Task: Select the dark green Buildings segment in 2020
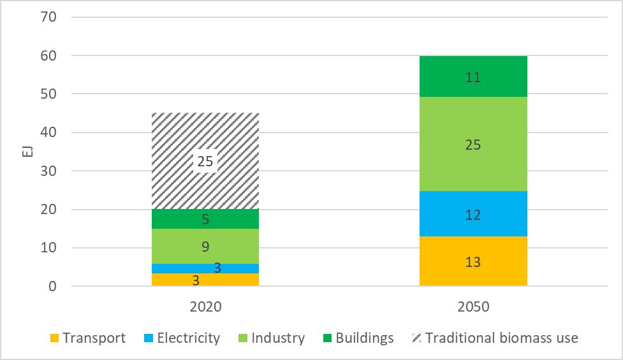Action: pyautogui.click(x=205, y=219)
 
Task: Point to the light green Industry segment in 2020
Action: pyautogui.click(x=205, y=247)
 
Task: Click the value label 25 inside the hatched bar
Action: pyautogui.click(x=205, y=162)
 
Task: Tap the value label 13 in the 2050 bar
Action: pyautogui.click(x=473, y=262)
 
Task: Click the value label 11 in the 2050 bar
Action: pyautogui.click(x=473, y=78)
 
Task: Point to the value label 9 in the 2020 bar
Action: pyautogui.click(x=205, y=247)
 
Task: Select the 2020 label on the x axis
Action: pyautogui.click(x=205, y=306)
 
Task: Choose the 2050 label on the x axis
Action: pyautogui.click(x=473, y=306)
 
